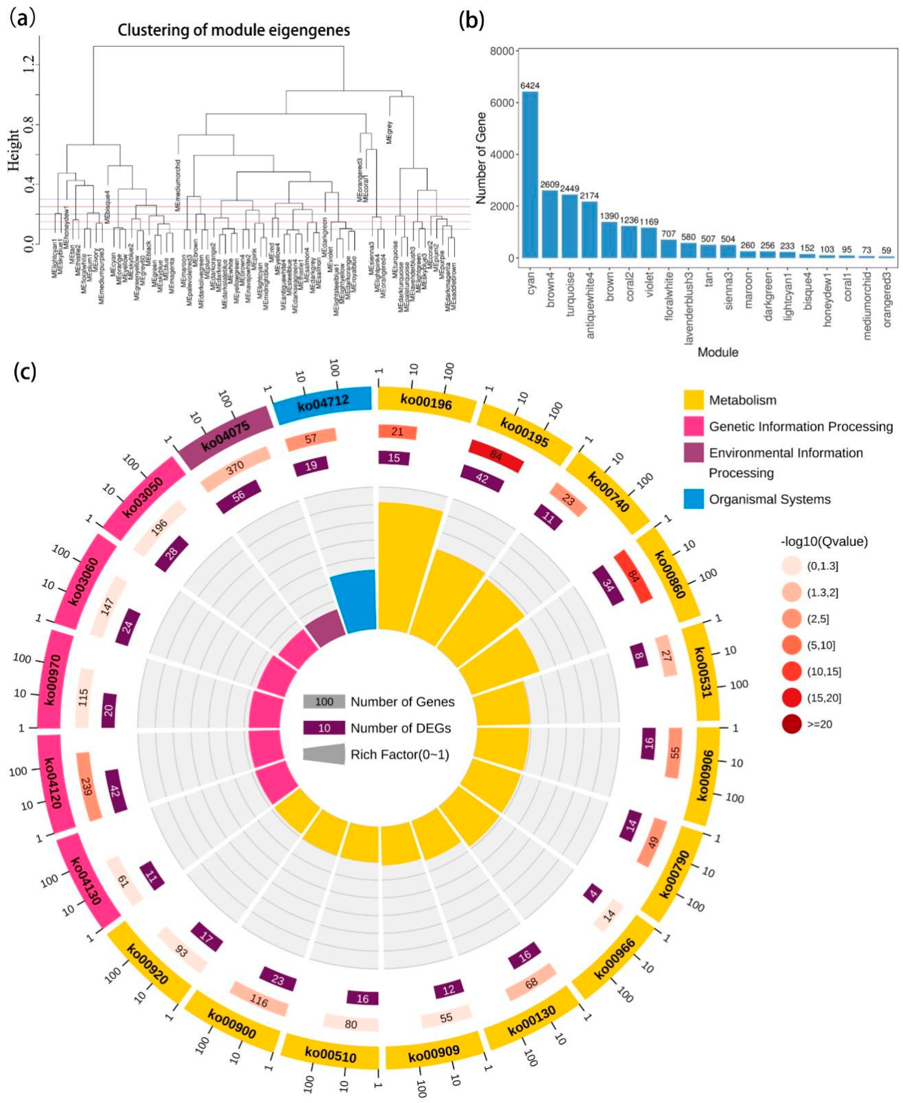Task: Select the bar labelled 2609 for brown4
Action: pyautogui.click(x=550, y=224)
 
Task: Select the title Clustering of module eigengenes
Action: pyautogui.click(x=233, y=30)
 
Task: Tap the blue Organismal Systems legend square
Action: pyautogui.click(x=693, y=499)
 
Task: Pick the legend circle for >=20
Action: pyautogui.click(x=792, y=724)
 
